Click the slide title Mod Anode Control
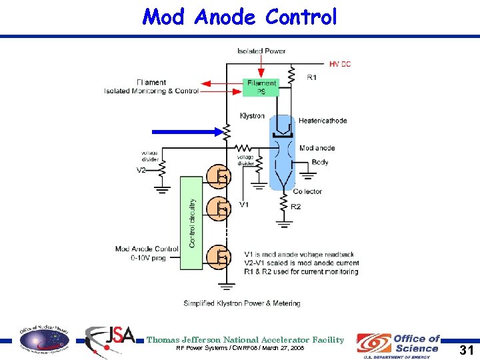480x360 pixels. [240, 17]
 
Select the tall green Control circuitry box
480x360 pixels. [191, 223]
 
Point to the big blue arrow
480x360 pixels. [185, 132]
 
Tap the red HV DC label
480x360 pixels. [339, 64]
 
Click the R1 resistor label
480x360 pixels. [312, 78]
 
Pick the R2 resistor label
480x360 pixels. [295, 207]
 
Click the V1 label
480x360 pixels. [244, 205]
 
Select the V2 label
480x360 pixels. [141, 171]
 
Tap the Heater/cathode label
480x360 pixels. [323, 121]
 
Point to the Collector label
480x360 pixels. [307, 191]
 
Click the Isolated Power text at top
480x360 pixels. [261, 51]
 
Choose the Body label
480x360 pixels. [320, 162]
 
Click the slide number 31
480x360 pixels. [467, 349]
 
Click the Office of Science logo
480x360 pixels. [398, 344]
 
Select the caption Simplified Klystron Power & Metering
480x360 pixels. [242, 303]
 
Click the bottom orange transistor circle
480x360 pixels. [217, 257]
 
